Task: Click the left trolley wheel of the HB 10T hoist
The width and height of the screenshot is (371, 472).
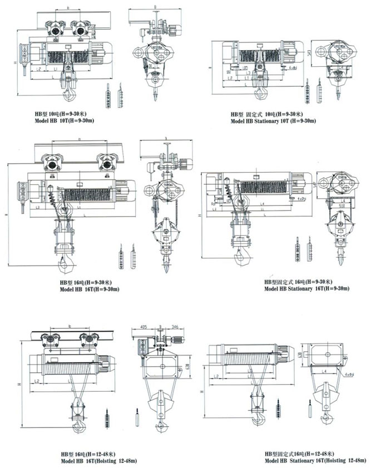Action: tap(56, 32)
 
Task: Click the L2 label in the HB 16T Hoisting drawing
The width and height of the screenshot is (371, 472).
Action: tap(36, 381)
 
